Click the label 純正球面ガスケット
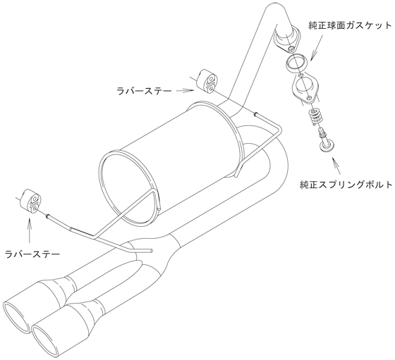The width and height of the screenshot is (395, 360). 350,25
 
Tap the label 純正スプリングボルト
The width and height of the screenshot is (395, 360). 346,185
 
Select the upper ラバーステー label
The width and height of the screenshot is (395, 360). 144,91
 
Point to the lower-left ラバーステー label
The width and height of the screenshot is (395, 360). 32,254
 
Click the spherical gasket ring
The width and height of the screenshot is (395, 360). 297,63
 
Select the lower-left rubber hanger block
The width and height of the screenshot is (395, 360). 30,201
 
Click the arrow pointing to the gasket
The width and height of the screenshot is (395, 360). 317,47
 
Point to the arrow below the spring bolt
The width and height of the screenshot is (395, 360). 336,166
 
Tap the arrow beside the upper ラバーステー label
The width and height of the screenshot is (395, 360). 185,90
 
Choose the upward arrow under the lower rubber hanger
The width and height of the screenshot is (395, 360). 30,230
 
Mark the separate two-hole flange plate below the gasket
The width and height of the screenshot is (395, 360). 305,89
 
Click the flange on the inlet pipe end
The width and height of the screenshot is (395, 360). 286,41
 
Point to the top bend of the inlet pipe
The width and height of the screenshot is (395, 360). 274,8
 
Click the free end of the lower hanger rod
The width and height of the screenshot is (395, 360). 152,251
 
